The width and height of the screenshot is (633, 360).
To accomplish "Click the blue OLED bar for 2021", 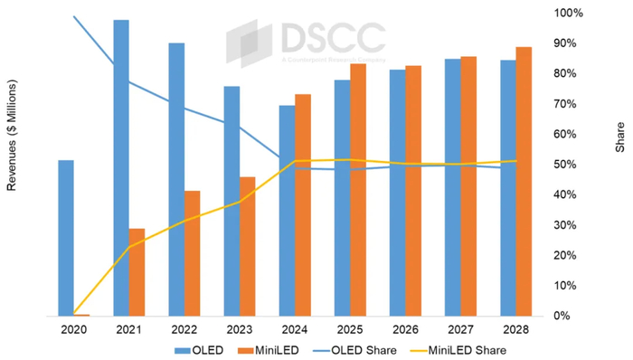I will pyautogui.click(x=120, y=167).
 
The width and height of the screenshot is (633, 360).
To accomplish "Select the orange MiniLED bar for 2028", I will pyautogui.click(x=524, y=181).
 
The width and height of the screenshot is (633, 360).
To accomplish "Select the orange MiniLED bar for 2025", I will pyautogui.click(x=358, y=189).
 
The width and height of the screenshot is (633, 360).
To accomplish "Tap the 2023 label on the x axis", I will pyautogui.click(x=240, y=329).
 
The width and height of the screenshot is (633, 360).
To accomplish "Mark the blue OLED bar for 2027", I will pyautogui.click(x=452, y=187).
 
